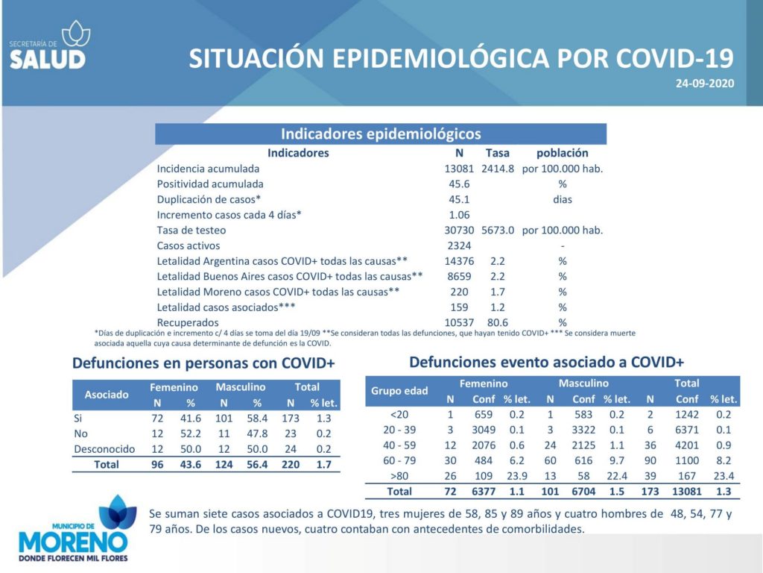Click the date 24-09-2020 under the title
[705, 84]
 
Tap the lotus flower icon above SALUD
[76, 33]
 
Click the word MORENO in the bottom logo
[73, 542]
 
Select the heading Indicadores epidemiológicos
[381, 134]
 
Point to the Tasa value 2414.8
[497, 169]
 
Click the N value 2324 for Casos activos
[459, 245]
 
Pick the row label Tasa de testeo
[191, 230]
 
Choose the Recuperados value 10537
[459, 322]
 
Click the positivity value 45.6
[459, 184]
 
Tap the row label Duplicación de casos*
[209, 199]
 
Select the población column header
[562, 153]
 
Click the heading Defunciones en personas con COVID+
[203, 363]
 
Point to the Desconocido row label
[104, 448]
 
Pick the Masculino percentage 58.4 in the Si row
[257, 418]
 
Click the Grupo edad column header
[399, 391]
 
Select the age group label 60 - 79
[399, 460]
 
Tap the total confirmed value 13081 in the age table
[686, 492]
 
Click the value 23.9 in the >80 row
[517, 476]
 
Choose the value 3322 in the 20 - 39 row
[583, 430]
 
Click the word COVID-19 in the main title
[674, 58]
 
